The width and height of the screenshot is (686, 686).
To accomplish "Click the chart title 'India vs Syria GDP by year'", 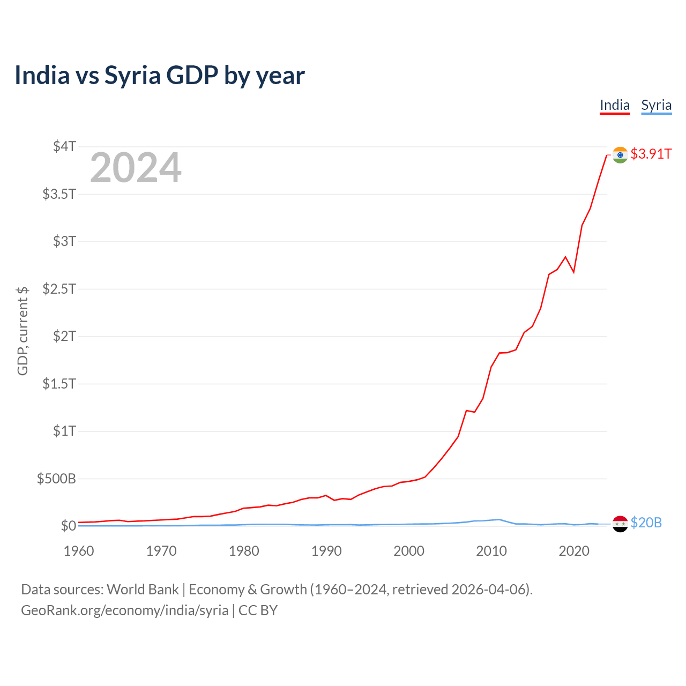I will pyautogui.click(x=160, y=75).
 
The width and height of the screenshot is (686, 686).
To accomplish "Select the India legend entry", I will pyautogui.click(x=614, y=105).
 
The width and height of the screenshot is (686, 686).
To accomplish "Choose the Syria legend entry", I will pyautogui.click(x=656, y=105).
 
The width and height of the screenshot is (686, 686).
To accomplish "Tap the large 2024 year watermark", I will pyautogui.click(x=136, y=168).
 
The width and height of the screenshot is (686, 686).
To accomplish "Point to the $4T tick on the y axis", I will pyautogui.click(x=65, y=146).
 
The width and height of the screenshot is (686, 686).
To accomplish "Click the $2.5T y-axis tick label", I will pyautogui.click(x=59, y=289).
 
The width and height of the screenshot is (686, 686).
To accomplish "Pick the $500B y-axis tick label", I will pyautogui.click(x=56, y=479).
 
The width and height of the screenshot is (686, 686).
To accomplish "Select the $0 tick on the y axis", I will pyautogui.click(x=68, y=526).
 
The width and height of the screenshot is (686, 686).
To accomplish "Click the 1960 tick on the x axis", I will pyautogui.click(x=79, y=551).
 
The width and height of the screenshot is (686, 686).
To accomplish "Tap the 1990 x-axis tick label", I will pyautogui.click(x=326, y=551).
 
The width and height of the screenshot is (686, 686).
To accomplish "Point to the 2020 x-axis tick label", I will pyautogui.click(x=574, y=551).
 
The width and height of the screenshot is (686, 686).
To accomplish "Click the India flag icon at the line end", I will pyautogui.click(x=620, y=155).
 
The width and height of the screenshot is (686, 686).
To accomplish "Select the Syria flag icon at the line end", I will pyautogui.click(x=620, y=524).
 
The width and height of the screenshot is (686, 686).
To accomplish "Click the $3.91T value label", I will pyautogui.click(x=651, y=154).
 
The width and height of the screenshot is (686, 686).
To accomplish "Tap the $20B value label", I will pyautogui.click(x=646, y=523).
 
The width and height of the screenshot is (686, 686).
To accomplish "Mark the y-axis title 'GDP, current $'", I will pyautogui.click(x=23, y=331).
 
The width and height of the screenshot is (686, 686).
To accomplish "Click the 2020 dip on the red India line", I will pyautogui.click(x=573, y=272).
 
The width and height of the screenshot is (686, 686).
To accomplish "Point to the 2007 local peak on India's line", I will pyautogui.click(x=466, y=411).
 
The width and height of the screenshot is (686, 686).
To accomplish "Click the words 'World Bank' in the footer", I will pyautogui.click(x=143, y=590).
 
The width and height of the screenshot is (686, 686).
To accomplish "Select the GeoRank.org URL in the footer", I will pyautogui.click(x=124, y=610).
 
